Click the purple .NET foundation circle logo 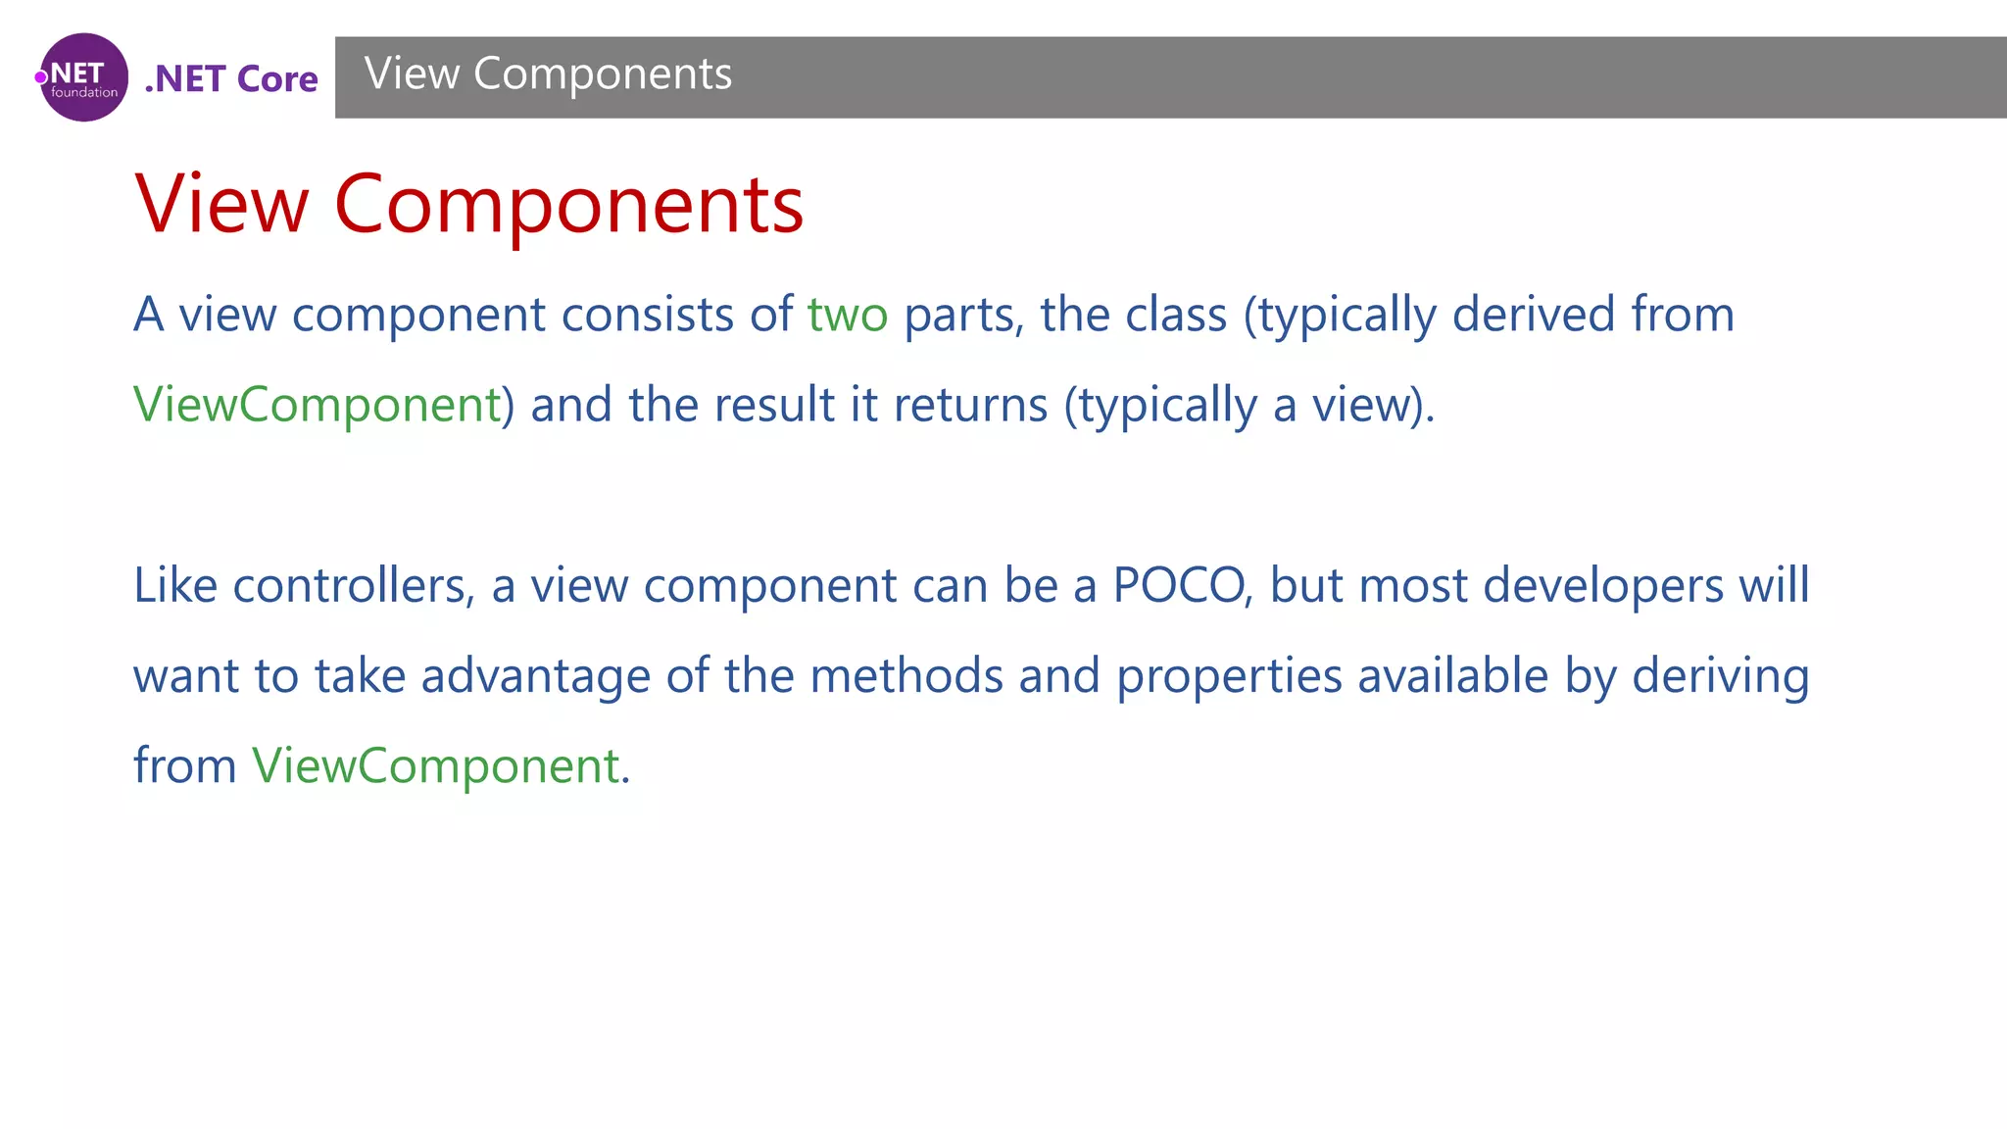point(83,77)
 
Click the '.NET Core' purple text point(231,78)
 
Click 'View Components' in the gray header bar point(548,74)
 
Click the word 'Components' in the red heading point(568,205)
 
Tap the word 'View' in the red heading point(221,205)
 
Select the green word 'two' point(848,316)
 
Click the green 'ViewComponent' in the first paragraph point(318,405)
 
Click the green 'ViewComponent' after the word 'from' point(436,765)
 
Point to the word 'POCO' point(1179,586)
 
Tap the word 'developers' point(1603,586)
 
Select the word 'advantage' point(535,676)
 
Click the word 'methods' point(906,676)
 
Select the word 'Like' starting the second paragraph point(175,586)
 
